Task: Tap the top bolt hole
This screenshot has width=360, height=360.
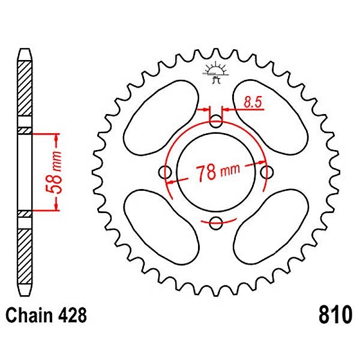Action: coord(217,122)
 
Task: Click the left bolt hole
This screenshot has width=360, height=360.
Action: coord(166,173)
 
